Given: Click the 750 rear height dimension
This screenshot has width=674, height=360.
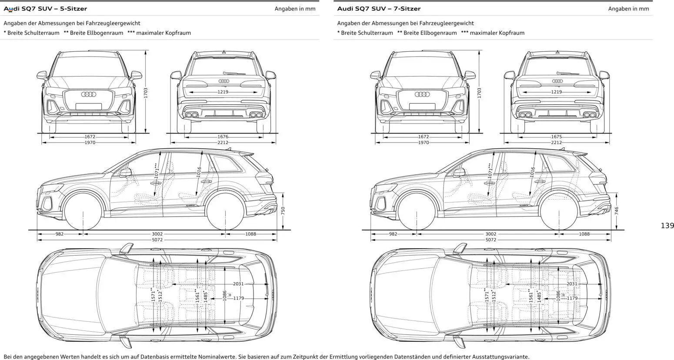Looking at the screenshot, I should pyautogui.click(x=283, y=211).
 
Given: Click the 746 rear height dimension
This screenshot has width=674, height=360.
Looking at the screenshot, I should pyautogui.click(x=617, y=211).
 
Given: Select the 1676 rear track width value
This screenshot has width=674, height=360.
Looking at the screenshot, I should pyautogui.click(x=223, y=137).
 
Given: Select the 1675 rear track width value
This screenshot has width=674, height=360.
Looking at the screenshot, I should pyautogui.click(x=556, y=137).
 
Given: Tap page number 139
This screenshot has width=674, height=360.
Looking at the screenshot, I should pyautogui.click(x=667, y=226).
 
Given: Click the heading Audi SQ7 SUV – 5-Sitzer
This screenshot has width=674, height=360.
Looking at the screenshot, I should pyautogui.click(x=45, y=9).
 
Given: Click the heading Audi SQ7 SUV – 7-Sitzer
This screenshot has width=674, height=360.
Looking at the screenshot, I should pyautogui.click(x=379, y=9).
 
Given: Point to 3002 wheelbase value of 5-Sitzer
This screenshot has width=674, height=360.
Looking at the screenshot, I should pyautogui.click(x=157, y=234).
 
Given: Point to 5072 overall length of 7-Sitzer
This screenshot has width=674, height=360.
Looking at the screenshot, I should pyautogui.click(x=490, y=240).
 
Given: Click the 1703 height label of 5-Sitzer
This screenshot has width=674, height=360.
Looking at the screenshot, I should pyautogui.click(x=146, y=93).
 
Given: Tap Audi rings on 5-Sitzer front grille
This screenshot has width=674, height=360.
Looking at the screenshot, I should pyautogui.click(x=89, y=94).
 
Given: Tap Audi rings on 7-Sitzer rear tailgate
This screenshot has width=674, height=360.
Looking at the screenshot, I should pyautogui.click(x=557, y=81).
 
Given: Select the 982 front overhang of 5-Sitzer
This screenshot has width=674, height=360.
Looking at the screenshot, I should pyautogui.click(x=60, y=234).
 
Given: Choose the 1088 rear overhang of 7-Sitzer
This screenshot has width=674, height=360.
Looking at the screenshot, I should pyautogui.click(x=584, y=234).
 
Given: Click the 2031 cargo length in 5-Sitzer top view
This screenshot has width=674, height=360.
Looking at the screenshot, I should pyautogui.click(x=238, y=284).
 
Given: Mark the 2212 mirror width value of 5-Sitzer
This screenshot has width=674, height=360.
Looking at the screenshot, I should pyautogui.click(x=223, y=142).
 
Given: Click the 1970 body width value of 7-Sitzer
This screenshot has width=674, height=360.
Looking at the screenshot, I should pyautogui.click(x=423, y=142).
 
